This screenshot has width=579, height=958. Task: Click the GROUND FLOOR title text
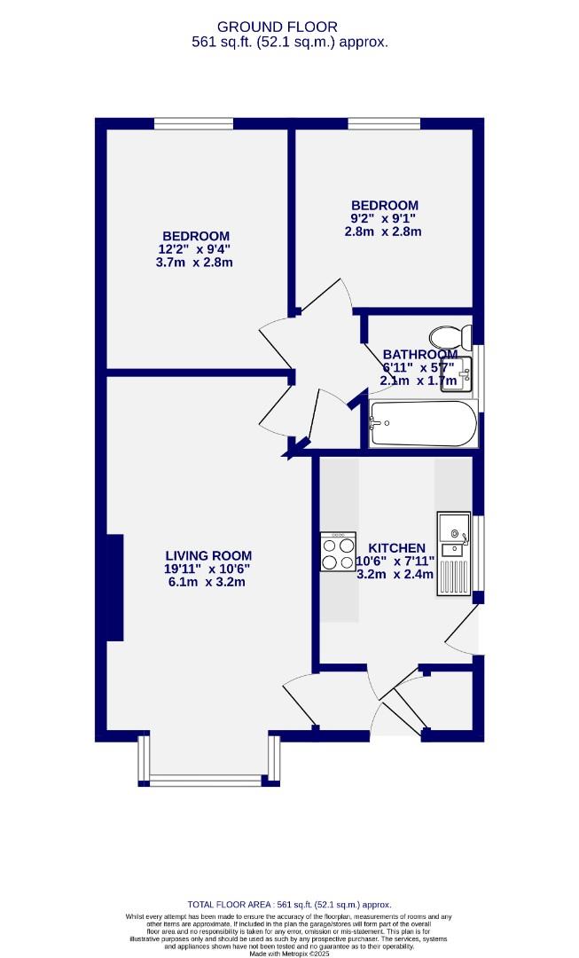pyautogui.click(x=289, y=27)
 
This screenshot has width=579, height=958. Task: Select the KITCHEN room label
pyautogui.click(x=396, y=548)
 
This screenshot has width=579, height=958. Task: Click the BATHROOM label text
pyautogui.click(x=420, y=355)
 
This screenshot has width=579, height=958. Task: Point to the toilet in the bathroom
pyautogui.click(x=450, y=337)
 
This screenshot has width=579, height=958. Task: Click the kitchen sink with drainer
pyautogui.click(x=453, y=554)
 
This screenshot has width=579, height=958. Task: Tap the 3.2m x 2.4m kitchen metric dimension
pyautogui.click(x=395, y=574)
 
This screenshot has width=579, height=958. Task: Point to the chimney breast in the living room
pyautogui.click(x=113, y=587)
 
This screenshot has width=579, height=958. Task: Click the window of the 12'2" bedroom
pyautogui.click(x=187, y=124)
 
